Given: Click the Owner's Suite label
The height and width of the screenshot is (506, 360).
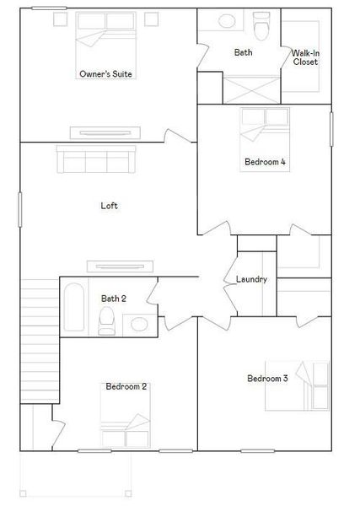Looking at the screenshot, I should point(105,74).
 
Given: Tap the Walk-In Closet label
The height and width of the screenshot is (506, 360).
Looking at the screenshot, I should point(305,57).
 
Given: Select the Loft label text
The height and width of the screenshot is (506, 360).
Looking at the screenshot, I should point(109,205).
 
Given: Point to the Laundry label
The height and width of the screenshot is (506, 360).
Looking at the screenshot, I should point(251,279).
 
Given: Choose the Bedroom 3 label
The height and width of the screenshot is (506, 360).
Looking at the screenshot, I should point(267,379).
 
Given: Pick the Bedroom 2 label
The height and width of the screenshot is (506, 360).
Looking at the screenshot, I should point(126,386).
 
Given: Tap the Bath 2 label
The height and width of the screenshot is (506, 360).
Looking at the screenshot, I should point(114,298).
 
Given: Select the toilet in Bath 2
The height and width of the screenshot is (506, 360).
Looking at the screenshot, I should point(106,320).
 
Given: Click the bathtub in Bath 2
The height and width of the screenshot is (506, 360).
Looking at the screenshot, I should point(73,309).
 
